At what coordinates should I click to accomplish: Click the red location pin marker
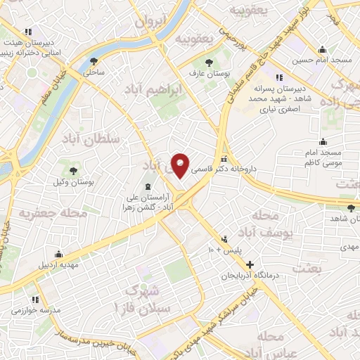coord(181,165)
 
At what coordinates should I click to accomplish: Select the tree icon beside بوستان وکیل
coord(73,169)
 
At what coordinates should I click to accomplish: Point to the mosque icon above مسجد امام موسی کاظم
coord(323,141)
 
